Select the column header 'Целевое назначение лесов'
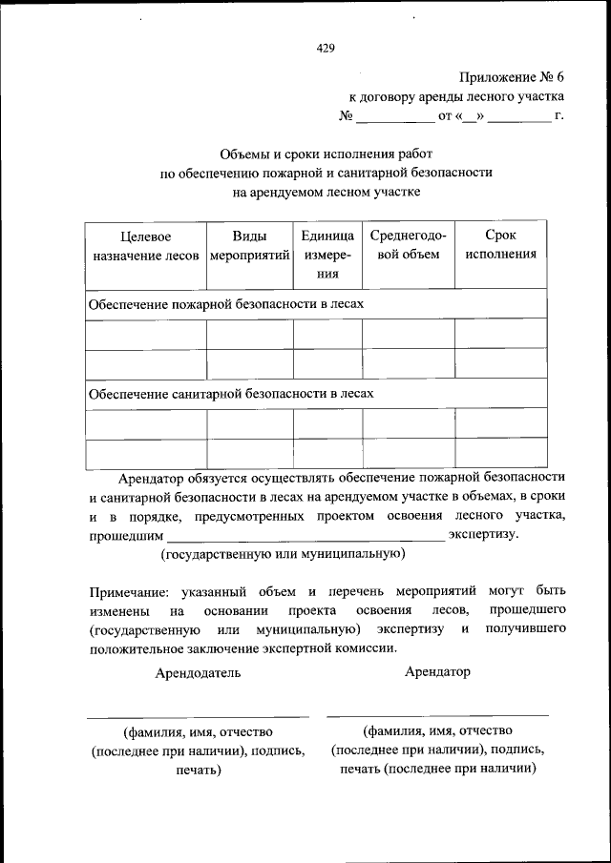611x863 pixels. click(145, 245)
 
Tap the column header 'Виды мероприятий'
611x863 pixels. click(249, 245)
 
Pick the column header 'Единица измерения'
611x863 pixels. click(328, 254)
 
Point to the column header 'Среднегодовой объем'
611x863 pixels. click(408, 245)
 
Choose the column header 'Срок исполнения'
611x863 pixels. click(500, 245)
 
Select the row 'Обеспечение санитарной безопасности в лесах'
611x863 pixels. click(230, 392)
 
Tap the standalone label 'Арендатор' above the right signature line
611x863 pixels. click(437, 671)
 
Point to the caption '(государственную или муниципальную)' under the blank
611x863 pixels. click(284, 553)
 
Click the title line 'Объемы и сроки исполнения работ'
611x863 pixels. click(327, 154)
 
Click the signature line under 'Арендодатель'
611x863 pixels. click(198, 715)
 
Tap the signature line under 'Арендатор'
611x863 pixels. click(437, 714)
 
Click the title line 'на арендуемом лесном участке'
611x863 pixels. click(327, 191)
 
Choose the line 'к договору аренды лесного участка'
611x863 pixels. click(454, 96)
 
